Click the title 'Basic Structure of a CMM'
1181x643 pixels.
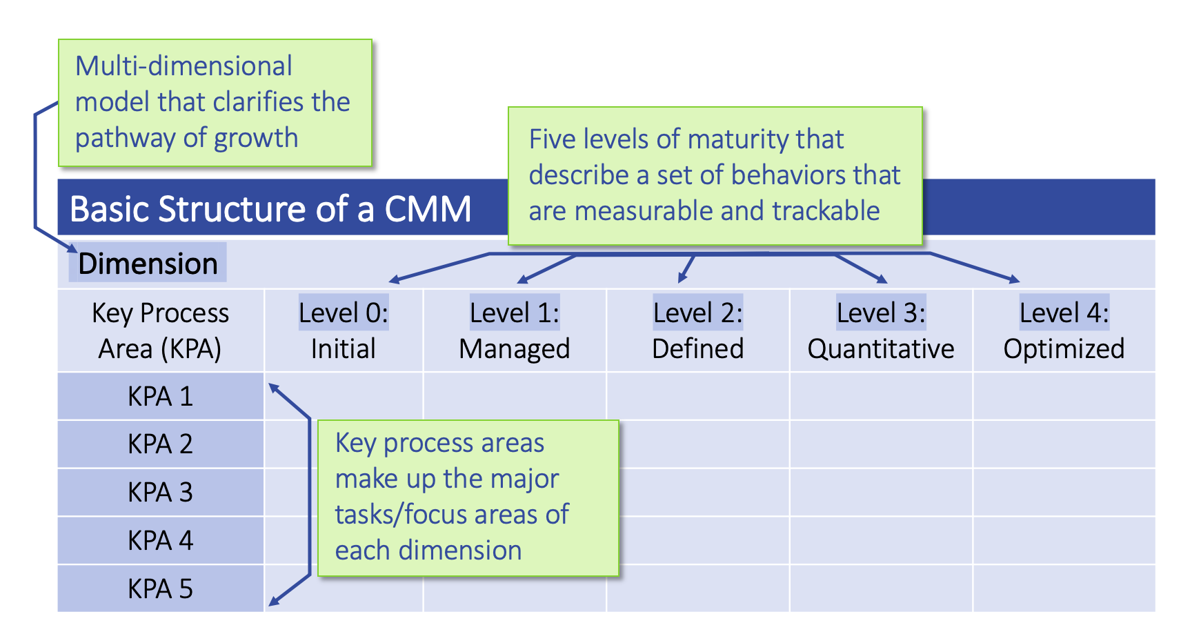coord(270,209)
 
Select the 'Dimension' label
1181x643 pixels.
coord(148,264)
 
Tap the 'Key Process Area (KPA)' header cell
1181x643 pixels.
coord(160,331)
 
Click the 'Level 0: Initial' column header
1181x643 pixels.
coord(343,331)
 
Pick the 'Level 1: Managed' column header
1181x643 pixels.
coord(515,331)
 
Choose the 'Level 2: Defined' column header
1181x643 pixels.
coord(697,331)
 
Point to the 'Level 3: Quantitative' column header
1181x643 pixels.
coord(881,331)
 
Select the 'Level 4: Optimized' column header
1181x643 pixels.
coord(1064,331)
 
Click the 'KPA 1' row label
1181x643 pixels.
coord(160,397)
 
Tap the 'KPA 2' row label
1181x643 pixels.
coord(160,444)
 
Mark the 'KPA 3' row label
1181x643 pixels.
coord(160,493)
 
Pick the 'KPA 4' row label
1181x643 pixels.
coord(160,541)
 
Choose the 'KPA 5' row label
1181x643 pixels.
coord(160,589)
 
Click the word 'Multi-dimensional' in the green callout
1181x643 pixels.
coord(183,66)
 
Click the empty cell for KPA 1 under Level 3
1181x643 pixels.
coord(881,397)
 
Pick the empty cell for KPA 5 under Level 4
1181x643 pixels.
coord(1064,589)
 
